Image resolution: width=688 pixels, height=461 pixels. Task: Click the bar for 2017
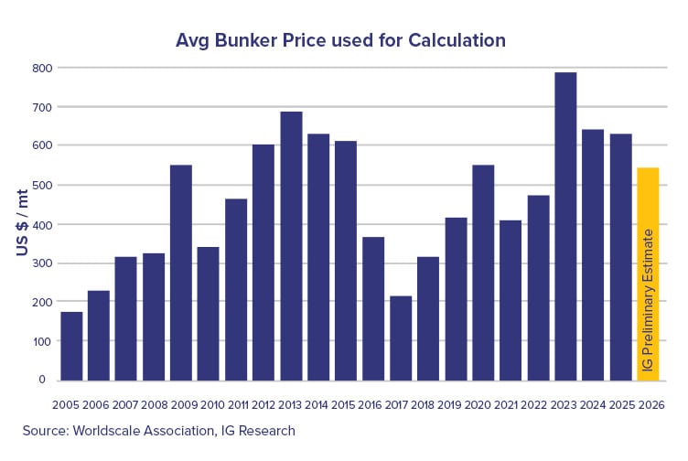point(401,338)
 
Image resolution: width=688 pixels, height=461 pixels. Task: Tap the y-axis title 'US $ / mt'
point(21,223)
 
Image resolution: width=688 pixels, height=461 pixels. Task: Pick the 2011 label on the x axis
point(236,403)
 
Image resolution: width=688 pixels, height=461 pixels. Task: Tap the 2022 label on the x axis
point(538,403)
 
